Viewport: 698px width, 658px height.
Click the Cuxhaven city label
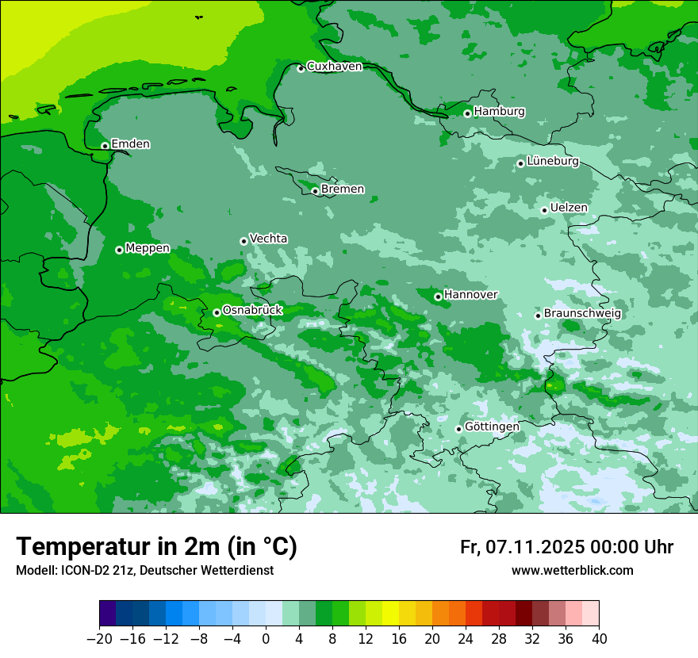pos(334,67)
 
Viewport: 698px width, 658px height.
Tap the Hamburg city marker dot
pos(467,113)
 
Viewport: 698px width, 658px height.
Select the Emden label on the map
pos(130,144)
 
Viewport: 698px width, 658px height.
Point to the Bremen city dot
pos(315,191)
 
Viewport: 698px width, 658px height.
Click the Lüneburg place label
pos(553,162)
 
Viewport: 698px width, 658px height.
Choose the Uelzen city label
pos(569,208)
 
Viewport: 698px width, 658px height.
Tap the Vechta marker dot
pos(244,241)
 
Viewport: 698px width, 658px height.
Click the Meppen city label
pos(148,248)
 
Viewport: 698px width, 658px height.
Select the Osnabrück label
pos(252,311)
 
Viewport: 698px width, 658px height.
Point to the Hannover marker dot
pos(438,296)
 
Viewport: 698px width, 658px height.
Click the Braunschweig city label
pos(582,314)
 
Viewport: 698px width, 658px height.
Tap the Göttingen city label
pos(492,427)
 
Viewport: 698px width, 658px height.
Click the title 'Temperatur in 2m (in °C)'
pos(156,547)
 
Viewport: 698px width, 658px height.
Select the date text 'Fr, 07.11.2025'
pos(521,547)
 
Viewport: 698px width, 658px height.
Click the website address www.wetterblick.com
pos(572,571)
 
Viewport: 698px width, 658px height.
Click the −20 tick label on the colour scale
pos(99,639)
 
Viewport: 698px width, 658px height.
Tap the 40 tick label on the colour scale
pos(599,639)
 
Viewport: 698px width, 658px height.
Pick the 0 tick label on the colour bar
pos(266,639)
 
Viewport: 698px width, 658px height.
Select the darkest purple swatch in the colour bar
pos(108,614)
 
